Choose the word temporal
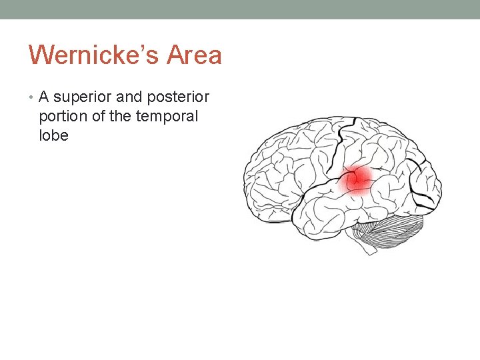167,116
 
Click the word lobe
53,135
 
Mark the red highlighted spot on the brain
357,178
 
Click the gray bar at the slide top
240,9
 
